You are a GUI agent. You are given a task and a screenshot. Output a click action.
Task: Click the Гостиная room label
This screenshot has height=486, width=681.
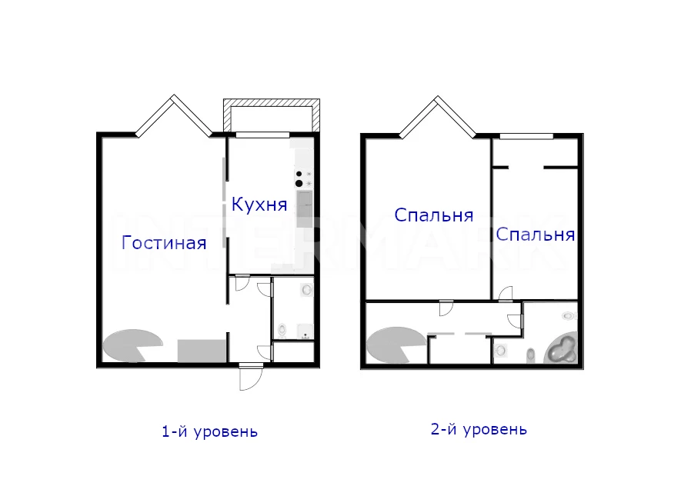(164, 242)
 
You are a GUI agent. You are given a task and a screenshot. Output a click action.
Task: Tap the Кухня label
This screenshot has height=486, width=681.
(259, 204)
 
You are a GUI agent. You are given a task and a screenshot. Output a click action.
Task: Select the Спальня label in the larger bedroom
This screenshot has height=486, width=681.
(433, 215)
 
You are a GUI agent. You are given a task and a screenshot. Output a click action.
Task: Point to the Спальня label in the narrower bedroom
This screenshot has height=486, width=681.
(536, 235)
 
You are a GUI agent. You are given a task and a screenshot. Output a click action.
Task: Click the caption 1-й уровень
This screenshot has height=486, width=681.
(210, 431)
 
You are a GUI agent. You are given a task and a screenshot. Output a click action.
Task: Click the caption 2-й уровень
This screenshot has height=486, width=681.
(479, 429)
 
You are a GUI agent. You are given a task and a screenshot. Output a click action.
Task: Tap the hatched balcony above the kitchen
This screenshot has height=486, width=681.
(272, 115)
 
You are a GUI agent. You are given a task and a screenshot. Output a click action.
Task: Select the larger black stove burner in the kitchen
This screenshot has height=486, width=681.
(299, 184)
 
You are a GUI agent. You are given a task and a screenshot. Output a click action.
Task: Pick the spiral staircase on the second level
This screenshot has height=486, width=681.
(394, 345)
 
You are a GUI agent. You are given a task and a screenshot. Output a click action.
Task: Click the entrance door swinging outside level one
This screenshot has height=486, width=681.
(251, 377)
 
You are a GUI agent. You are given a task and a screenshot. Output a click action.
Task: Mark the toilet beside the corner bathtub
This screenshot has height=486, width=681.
(530, 356)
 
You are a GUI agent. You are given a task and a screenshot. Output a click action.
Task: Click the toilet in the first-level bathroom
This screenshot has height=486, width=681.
(282, 330)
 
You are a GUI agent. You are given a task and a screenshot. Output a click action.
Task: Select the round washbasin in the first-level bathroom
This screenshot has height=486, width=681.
(307, 289)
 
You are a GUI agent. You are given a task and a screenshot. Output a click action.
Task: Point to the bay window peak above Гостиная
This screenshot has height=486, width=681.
(174, 97)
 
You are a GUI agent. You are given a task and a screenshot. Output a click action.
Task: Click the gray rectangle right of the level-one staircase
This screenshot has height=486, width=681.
(202, 351)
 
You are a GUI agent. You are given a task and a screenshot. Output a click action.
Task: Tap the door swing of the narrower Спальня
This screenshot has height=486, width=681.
(506, 294)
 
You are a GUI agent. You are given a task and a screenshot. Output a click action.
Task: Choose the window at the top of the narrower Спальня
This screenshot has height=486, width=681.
(526, 136)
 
